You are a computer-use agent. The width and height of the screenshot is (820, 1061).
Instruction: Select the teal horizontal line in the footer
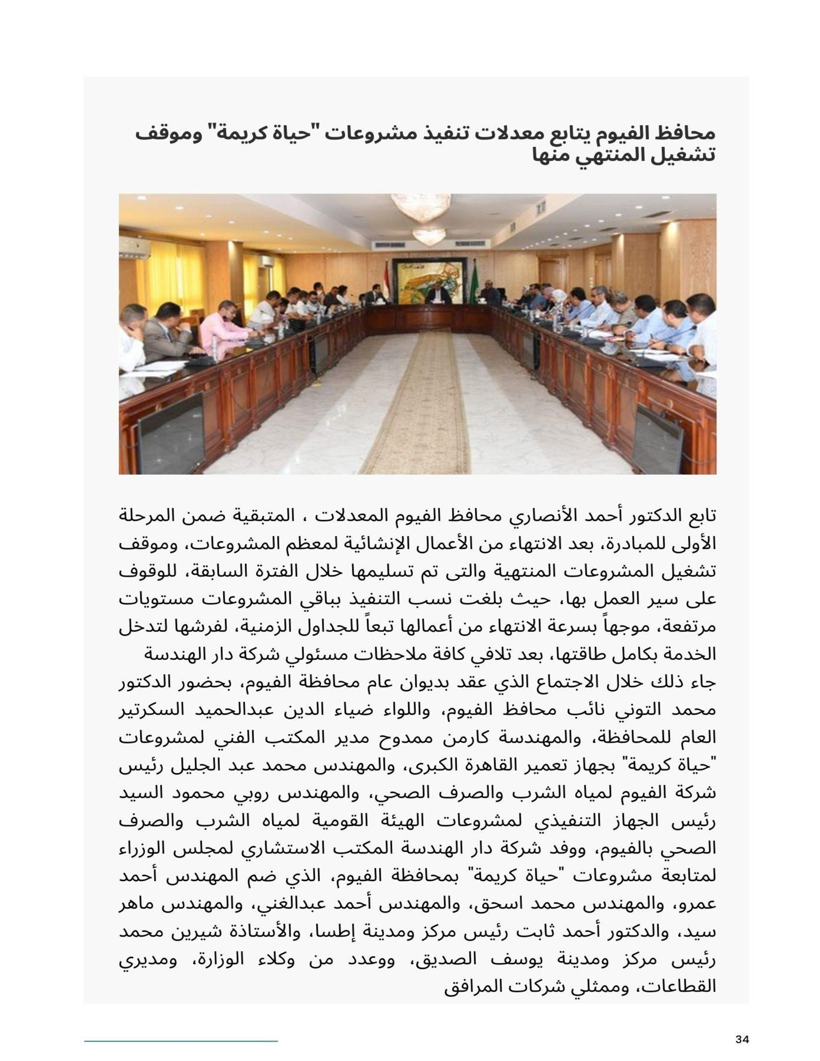pyautogui.click(x=181, y=1041)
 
